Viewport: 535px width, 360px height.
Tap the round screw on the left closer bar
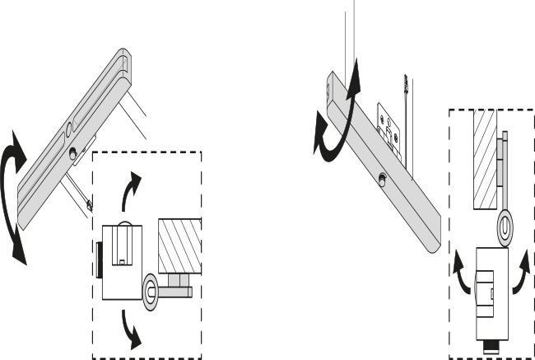click(73, 152)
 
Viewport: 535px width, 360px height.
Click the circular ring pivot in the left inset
click(152, 289)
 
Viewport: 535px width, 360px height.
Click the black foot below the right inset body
click(491, 345)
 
